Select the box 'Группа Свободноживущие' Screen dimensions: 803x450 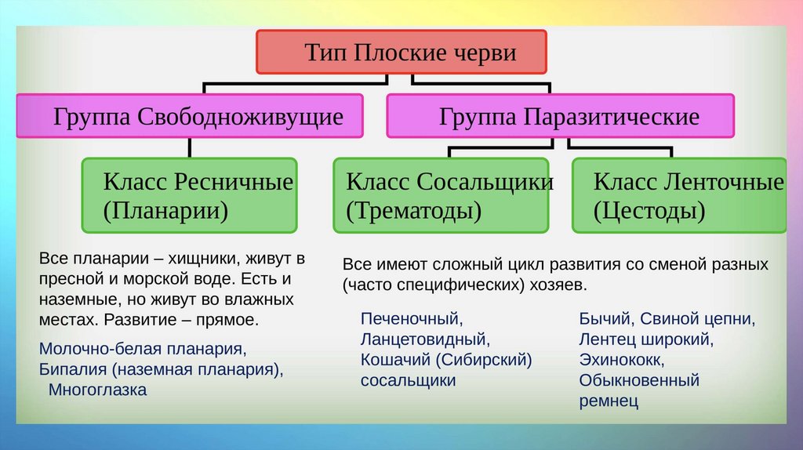click(189, 117)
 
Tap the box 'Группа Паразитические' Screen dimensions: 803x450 click(560, 117)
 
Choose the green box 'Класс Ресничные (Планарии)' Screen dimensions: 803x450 click(189, 195)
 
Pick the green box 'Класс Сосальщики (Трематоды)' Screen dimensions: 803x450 click(441, 195)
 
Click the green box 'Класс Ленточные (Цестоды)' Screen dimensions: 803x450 click(679, 195)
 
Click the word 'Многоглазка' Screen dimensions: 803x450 click(97, 390)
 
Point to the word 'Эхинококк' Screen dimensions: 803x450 click(622, 361)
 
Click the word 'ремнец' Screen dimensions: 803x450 click(609, 401)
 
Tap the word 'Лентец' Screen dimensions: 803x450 click(605, 339)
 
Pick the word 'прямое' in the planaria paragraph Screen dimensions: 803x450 click(227, 321)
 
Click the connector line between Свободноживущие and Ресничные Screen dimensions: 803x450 click(189, 148)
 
